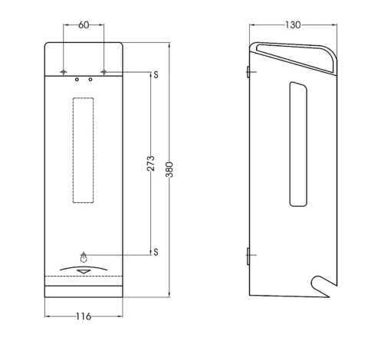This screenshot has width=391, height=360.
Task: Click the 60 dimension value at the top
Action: pyautogui.click(x=84, y=25)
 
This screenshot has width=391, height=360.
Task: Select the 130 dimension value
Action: pyautogui.click(x=293, y=25)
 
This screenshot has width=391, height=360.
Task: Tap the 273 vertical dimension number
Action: pyautogui.click(x=151, y=163)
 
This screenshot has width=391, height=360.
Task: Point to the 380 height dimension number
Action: pyautogui.click(x=169, y=169)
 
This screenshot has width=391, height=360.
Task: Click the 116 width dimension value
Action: pyautogui.click(x=84, y=316)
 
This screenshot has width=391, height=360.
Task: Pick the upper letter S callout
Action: pyautogui.click(x=156, y=74)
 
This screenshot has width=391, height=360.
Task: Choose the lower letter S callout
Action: pyautogui.click(x=156, y=252)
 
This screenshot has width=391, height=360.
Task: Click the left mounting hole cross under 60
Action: pyautogui.click(x=64, y=72)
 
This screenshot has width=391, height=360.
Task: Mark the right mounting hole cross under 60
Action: pyautogui.click(x=103, y=72)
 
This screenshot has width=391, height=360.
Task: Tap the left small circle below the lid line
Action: pyautogui.click(x=77, y=80)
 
